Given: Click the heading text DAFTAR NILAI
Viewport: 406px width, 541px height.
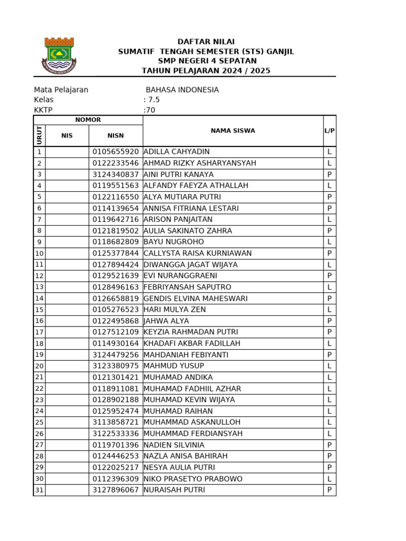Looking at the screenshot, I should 206,42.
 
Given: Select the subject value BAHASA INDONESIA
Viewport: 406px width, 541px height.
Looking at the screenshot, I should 182,90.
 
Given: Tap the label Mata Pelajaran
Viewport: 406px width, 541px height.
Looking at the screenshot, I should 61,90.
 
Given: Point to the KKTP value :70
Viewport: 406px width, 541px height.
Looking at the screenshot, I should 149,110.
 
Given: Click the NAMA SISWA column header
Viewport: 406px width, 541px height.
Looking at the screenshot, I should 233,130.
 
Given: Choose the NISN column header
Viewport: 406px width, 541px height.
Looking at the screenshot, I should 115,136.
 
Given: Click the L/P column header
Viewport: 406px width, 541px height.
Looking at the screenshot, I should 329,130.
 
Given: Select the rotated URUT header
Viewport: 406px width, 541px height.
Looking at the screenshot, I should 39,136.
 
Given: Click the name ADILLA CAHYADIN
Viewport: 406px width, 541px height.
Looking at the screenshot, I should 177,152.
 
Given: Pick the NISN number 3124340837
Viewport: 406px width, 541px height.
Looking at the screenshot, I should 115,174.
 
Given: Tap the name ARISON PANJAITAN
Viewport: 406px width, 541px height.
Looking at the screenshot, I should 178,219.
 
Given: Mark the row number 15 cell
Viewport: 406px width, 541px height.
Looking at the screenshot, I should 39,310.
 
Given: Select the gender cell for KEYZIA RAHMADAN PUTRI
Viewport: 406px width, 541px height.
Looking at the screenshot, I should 329,332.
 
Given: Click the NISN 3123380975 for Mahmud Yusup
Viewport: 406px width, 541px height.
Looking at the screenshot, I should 115,366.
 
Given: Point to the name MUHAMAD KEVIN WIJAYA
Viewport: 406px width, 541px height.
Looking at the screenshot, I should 189,399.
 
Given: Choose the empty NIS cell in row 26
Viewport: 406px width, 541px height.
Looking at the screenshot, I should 67,433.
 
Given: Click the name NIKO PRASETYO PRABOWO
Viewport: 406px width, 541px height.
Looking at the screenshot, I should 193,479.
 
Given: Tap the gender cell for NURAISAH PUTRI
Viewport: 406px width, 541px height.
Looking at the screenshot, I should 329,490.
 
